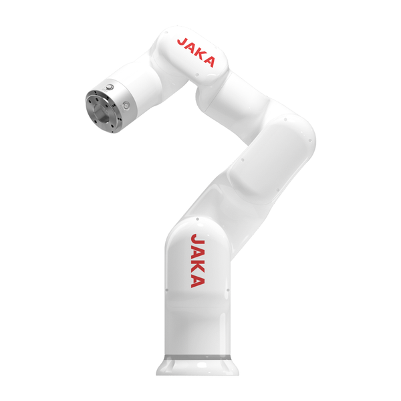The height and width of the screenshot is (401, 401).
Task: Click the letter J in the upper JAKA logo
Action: pos(182,43)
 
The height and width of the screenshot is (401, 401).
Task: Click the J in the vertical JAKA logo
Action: pos(197,240)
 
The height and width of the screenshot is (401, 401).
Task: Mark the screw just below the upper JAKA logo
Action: pos(197,75)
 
